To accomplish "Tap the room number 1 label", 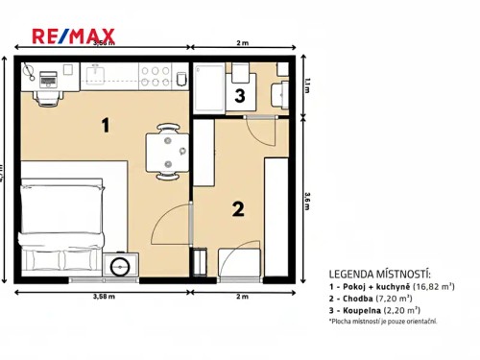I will pyautogui.click(x=107, y=124).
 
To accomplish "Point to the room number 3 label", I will pyautogui.click(x=239, y=95).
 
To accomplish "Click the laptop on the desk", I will pyautogui.click(x=48, y=76).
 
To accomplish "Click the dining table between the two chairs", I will pyautogui.click(x=167, y=153).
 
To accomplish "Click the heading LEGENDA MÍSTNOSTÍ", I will pyautogui.click(x=379, y=274).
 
